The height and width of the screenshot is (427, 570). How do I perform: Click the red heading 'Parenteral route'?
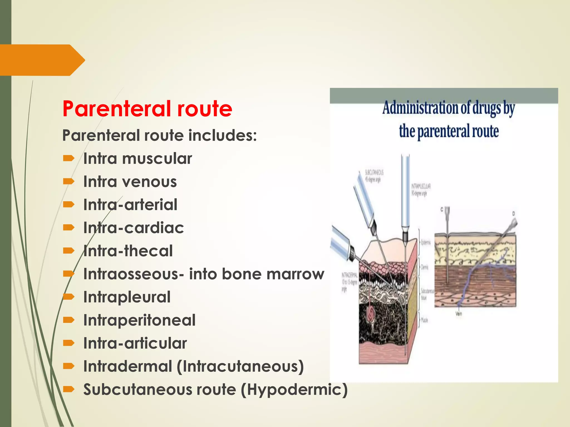[147, 109]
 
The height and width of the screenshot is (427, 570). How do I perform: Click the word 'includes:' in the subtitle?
[222, 136]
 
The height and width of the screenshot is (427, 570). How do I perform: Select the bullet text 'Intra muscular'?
[137, 159]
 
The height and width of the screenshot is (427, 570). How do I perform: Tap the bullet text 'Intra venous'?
[130, 182]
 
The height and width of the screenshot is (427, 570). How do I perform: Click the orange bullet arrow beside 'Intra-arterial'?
[68, 205]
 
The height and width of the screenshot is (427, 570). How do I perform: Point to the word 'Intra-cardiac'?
[134, 228]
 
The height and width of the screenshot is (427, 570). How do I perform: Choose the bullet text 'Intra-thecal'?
[128, 251]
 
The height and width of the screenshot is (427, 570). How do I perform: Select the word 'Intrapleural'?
[127, 297]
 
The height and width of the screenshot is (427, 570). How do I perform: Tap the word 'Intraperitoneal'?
[139, 320]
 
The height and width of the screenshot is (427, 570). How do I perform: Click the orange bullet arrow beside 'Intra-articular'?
[68, 343]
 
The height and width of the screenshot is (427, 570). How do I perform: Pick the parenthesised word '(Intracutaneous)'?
[240, 366]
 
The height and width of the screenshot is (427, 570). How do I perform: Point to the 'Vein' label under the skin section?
[459, 314]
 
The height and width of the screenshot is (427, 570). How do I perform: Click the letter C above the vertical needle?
[442, 209]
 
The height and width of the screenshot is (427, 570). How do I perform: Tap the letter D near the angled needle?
[514, 213]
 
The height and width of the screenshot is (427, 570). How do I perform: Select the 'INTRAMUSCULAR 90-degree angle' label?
[421, 190]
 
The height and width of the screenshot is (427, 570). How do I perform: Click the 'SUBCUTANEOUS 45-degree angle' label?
[374, 176]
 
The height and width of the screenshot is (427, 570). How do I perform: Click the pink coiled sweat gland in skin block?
[371, 314]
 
